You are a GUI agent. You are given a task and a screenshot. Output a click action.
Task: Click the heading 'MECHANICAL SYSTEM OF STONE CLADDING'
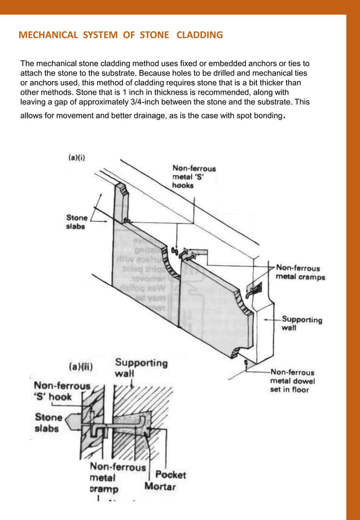click(121, 36)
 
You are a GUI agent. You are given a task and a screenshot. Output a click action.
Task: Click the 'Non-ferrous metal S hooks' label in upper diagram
click(194, 177)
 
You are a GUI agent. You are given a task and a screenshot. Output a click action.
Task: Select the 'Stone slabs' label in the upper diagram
click(77, 222)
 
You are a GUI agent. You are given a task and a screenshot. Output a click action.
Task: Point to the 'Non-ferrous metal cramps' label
click(300, 272)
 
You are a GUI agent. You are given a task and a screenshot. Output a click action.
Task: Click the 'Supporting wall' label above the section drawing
click(141, 368)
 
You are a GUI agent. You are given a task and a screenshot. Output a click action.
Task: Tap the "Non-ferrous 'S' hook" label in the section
click(60, 391)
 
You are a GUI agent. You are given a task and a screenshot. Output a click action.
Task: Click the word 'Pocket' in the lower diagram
click(170, 475)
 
